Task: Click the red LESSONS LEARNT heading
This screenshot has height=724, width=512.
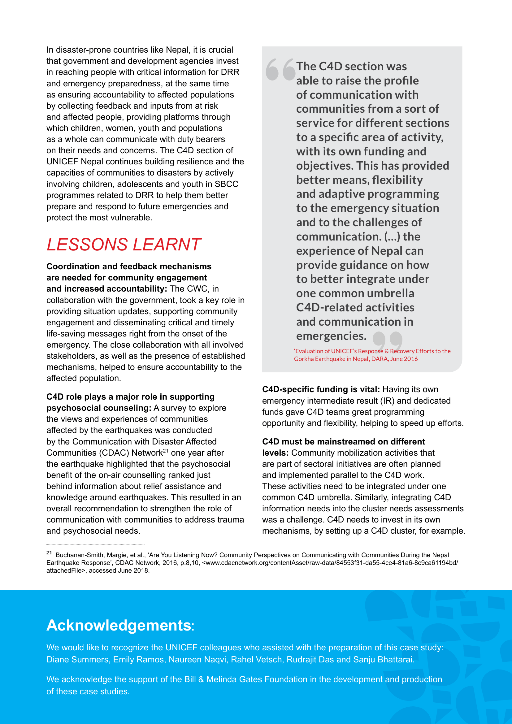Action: click(x=124, y=245)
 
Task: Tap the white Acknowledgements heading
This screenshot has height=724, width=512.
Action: click(x=119, y=625)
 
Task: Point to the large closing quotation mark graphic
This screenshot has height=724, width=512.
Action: click(x=387, y=341)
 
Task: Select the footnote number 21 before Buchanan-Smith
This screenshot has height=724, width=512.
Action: click(x=49, y=553)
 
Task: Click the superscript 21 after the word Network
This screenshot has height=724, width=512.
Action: click(x=166, y=451)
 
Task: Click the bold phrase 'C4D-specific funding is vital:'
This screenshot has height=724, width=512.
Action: click(x=321, y=389)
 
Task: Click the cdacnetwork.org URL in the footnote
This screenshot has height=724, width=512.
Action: click(x=329, y=562)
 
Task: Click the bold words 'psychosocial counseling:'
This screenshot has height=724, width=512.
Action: click(x=99, y=408)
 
